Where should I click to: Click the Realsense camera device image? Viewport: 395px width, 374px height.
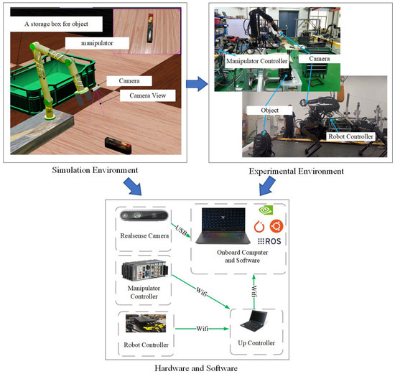coord(141,218)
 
